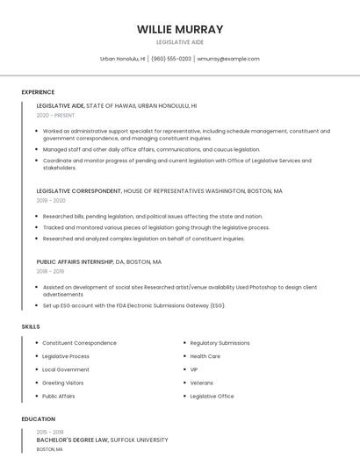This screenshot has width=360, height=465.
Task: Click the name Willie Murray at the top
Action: coord(180,29)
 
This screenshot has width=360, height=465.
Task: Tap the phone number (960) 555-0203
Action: coord(170,59)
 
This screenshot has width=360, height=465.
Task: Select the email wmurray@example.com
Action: coord(228,59)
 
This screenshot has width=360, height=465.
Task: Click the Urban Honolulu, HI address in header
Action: coord(122,59)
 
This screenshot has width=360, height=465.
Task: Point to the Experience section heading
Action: coord(38,92)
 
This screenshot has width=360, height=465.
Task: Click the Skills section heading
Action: coord(31,326)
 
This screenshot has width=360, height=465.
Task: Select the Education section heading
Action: coord(39,419)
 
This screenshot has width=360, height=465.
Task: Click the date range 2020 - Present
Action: coord(55,115)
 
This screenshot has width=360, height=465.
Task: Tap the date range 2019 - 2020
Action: coord(51,200)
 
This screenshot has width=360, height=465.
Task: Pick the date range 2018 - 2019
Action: coord(51,271)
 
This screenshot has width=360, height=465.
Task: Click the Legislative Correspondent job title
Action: coord(79,190)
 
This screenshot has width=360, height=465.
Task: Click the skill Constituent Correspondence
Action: coord(79,343)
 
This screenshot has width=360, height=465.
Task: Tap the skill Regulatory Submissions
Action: coord(220,343)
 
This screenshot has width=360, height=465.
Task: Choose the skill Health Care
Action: coord(205,356)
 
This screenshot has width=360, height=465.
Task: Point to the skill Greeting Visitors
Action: coord(63,383)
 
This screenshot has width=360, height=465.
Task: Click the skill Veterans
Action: coord(201,383)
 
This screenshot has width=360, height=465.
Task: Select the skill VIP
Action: coord(194,369)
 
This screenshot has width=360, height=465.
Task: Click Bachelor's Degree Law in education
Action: coord(72,439)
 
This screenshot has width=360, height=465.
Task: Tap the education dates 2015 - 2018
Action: coord(50,432)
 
